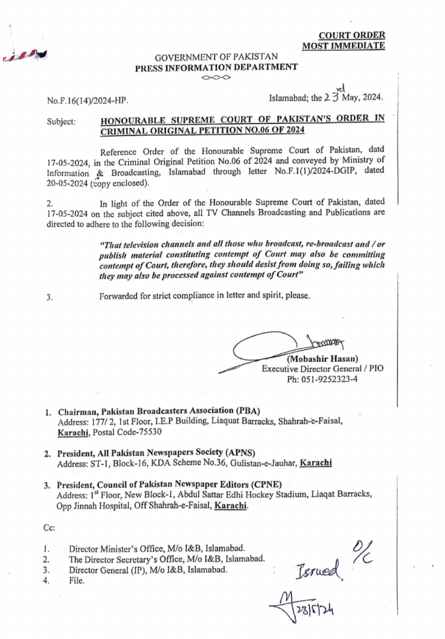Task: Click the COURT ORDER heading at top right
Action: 352,36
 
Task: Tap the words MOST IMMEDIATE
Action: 343,46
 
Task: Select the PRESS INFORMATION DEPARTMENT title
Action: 217,68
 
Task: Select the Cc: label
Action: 49,527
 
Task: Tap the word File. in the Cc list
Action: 77,580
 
